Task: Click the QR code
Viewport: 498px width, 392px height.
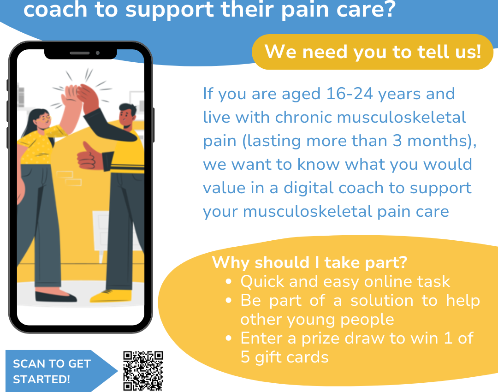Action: (143, 371)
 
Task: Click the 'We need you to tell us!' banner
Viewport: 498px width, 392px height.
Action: (373, 52)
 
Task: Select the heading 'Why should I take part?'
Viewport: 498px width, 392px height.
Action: (310, 262)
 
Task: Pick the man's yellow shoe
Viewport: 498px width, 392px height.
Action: (111, 296)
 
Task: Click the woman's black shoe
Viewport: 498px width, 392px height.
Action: (56, 297)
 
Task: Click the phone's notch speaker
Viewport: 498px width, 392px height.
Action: (79, 53)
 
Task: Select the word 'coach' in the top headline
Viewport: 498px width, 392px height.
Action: (55, 10)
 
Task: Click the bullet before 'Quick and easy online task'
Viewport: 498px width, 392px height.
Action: (228, 281)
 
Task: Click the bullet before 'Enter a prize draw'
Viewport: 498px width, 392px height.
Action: (228, 339)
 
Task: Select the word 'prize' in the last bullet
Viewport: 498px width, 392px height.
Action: (320, 339)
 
